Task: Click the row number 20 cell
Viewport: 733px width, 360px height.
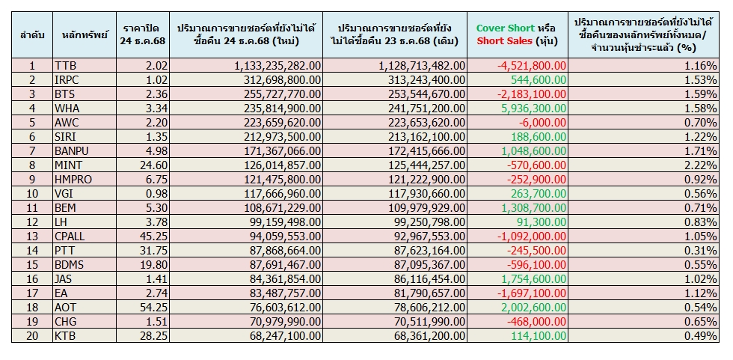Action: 32,336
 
